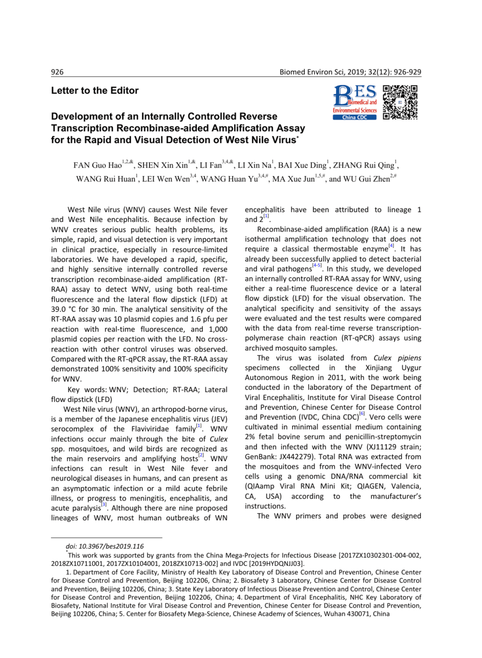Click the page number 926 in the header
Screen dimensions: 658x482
click(x=58, y=72)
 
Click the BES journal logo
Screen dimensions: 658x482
click(x=355, y=103)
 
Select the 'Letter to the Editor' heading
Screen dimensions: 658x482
click(x=95, y=91)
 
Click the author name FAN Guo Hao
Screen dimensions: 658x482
click(x=97, y=165)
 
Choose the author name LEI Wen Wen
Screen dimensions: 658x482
click(x=165, y=179)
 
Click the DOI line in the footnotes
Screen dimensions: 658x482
click(x=104, y=546)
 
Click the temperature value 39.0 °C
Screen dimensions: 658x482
click(x=66, y=309)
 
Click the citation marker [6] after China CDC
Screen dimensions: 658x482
click(x=362, y=414)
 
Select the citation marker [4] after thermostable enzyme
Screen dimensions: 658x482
click(x=391, y=247)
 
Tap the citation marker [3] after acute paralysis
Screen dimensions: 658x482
click(x=103, y=506)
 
